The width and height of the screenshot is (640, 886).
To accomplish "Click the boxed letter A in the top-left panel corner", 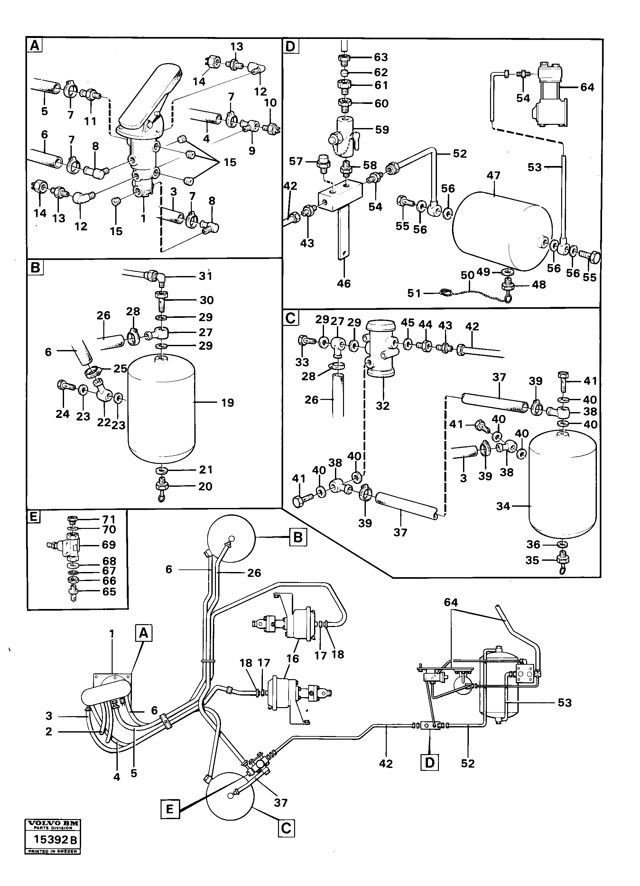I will [x=34, y=46].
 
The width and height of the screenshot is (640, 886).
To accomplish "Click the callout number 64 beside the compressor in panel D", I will [x=587, y=87].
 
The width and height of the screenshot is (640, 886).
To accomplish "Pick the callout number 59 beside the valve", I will [x=382, y=129].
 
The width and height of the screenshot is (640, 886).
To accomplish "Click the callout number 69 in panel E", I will [x=109, y=545].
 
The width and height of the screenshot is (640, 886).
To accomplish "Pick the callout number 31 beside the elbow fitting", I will [x=206, y=276].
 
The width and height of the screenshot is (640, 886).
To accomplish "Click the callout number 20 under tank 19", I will [x=205, y=486].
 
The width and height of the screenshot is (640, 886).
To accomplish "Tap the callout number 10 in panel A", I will [x=270, y=103].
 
